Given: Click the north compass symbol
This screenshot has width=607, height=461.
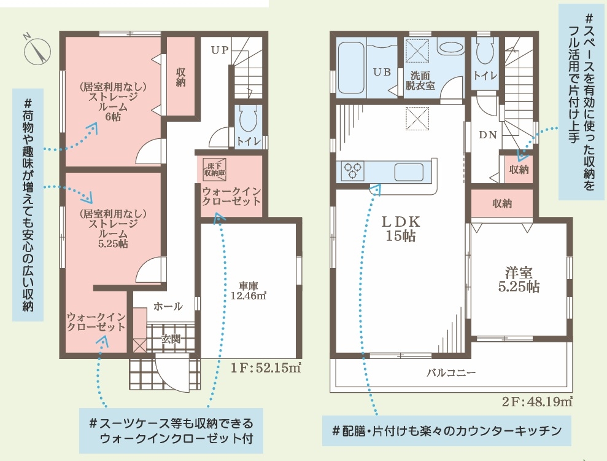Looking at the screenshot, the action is pyautogui.click(x=37, y=51).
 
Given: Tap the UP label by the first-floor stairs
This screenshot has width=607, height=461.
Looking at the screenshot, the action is pyautogui.click(x=220, y=50).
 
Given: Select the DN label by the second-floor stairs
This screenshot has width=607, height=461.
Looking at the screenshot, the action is pyautogui.click(x=488, y=135).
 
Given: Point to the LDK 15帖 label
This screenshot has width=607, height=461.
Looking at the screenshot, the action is pyautogui.click(x=401, y=229).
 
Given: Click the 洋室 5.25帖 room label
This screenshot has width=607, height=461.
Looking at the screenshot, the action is pyautogui.click(x=519, y=280).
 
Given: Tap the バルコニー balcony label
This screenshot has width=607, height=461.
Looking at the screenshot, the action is pyautogui.click(x=451, y=373).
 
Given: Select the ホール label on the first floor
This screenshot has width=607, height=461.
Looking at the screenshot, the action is pyautogui.click(x=168, y=307).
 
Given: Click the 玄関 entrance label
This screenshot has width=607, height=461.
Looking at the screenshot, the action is pyautogui.click(x=171, y=339).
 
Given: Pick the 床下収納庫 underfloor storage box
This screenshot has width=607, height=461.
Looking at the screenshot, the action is pyautogui.click(x=215, y=170).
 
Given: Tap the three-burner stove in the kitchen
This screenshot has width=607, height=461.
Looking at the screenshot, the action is pyautogui.click(x=353, y=171).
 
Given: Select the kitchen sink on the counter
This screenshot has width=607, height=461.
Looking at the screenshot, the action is pyautogui.click(x=409, y=171).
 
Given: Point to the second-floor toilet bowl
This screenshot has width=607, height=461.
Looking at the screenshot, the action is pyautogui.click(x=484, y=50).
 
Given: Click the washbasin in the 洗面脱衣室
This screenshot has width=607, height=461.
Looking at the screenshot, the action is pyautogui.click(x=451, y=48).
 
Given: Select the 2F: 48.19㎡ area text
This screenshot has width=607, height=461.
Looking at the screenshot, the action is pyautogui.click(x=537, y=401).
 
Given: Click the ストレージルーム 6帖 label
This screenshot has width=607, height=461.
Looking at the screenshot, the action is pyautogui.click(x=113, y=101).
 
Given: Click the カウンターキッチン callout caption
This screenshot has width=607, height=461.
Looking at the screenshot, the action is pyautogui.click(x=447, y=431).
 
